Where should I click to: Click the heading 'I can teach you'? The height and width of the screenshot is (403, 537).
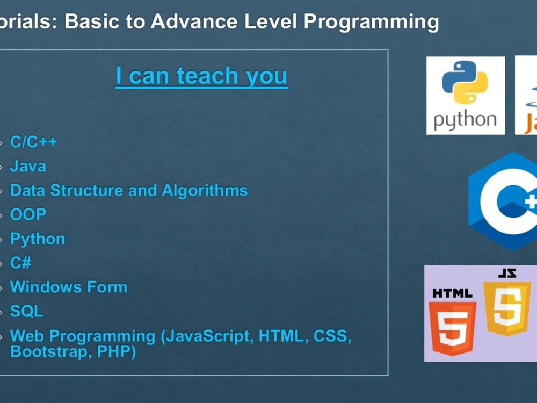pyautogui.click(x=201, y=76)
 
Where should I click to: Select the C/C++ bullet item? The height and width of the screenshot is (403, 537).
pyautogui.click(x=33, y=142)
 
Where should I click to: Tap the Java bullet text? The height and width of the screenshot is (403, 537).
pyautogui.click(x=28, y=167)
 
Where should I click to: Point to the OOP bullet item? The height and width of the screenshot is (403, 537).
pyautogui.click(x=28, y=215)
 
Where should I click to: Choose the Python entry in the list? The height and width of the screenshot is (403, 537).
pyautogui.click(x=38, y=239)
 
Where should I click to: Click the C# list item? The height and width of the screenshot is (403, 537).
pyautogui.click(x=21, y=263)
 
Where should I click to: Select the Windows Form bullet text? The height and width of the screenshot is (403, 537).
pyautogui.click(x=69, y=287)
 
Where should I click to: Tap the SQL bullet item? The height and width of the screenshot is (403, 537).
pyautogui.click(x=26, y=312)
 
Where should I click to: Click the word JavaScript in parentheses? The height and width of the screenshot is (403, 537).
pyautogui.click(x=207, y=337)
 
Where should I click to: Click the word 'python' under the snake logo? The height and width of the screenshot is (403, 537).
pyautogui.click(x=465, y=120)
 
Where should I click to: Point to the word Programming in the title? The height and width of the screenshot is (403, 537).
pyautogui.click(x=371, y=21)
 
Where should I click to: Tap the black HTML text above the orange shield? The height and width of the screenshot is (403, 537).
pyautogui.click(x=452, y=293)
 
